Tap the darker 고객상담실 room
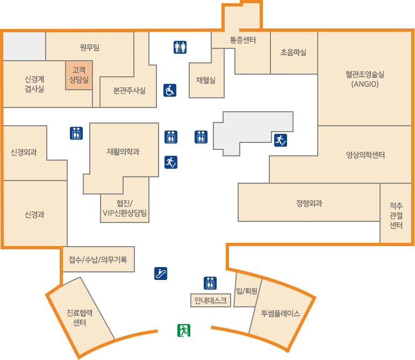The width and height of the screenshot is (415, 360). (79, 75)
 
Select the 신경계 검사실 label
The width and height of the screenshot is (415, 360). (34, 84)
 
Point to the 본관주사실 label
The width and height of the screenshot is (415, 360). (129, 90)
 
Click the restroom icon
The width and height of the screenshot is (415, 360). (180, 48)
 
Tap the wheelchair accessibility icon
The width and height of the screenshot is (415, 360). (170, 90)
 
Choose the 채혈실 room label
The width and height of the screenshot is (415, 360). (206, 80)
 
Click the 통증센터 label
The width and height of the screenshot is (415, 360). (242, 40)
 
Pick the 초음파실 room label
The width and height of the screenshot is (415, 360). (294, 53)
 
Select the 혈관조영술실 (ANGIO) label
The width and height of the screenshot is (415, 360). (366, 80)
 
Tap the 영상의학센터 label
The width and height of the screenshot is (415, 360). (366, 155)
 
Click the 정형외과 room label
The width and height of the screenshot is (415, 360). (309, 203)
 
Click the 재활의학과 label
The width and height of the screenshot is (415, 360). (123, 152)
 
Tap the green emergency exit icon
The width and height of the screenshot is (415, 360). (184, 330)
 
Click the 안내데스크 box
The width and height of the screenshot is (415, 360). (211, 300)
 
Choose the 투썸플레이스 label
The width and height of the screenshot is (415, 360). (281, 313)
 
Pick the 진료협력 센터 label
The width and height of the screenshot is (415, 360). (80, 318)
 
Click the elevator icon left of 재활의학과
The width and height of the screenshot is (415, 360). (76, 133)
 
